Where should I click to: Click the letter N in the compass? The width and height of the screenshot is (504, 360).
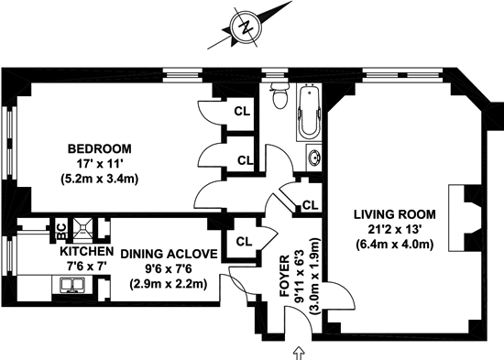(x=247, y=27)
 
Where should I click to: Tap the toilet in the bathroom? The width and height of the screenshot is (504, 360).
(x=279, y=95)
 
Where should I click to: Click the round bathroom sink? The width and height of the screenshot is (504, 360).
(x=313, y=158)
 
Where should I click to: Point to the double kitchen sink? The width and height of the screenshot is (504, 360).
(x=73, y=286)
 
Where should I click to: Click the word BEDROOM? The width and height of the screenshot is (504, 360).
(x=100, y=148)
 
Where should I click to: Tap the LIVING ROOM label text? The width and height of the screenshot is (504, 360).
(x=395, y=214)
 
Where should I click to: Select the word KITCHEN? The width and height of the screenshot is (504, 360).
(x=87, y=251)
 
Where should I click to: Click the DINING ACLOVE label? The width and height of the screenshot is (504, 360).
(x=169, y=254)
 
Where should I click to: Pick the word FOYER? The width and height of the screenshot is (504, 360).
(x=285, y=277)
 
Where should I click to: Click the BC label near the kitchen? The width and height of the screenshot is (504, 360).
(x=61, y=231)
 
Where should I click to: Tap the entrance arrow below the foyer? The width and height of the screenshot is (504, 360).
(x=300, y=353)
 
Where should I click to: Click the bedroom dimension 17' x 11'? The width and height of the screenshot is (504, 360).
(x=100, y=164)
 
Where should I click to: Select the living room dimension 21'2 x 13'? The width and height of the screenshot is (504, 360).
(x=395, y=230)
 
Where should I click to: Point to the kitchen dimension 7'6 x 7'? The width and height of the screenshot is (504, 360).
(x=87, y=267)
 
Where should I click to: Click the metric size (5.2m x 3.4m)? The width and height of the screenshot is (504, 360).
(x=100, y=179)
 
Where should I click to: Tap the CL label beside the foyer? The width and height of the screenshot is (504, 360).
(x=244, y=242)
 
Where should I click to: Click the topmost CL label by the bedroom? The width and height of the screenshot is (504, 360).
(x=242, y=111)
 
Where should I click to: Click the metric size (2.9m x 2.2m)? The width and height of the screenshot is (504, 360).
(x=169, y=284)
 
